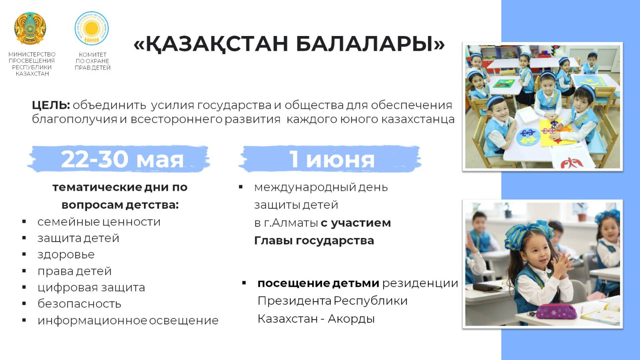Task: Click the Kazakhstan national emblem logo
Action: [x=30, y=28]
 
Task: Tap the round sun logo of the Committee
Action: [x=92, y=28]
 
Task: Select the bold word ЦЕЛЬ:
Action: [x=51, y=105]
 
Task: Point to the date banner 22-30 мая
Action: [x=119, y=159]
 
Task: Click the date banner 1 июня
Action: [x=330, y=159]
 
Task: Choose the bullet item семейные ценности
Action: [x=99, y=222]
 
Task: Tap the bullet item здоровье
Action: [x=66, y=254]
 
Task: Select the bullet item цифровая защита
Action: [x=91, y=288]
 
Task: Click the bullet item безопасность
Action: [x=79, y=304]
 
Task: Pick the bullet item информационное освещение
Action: [x=128, y=320]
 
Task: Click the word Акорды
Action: [x=351, y=318]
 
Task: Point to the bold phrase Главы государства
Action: [x=314, y=240]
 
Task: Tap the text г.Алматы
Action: [x=290, y=223]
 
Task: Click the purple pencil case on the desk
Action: [x=556, y=311]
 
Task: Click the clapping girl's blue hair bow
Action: [x=527, y=233]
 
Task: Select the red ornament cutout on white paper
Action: [x=572, y=162]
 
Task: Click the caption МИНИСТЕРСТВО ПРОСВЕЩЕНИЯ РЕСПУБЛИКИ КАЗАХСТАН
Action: [x=32, y=64]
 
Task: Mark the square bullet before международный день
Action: [x=240, y=187]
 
